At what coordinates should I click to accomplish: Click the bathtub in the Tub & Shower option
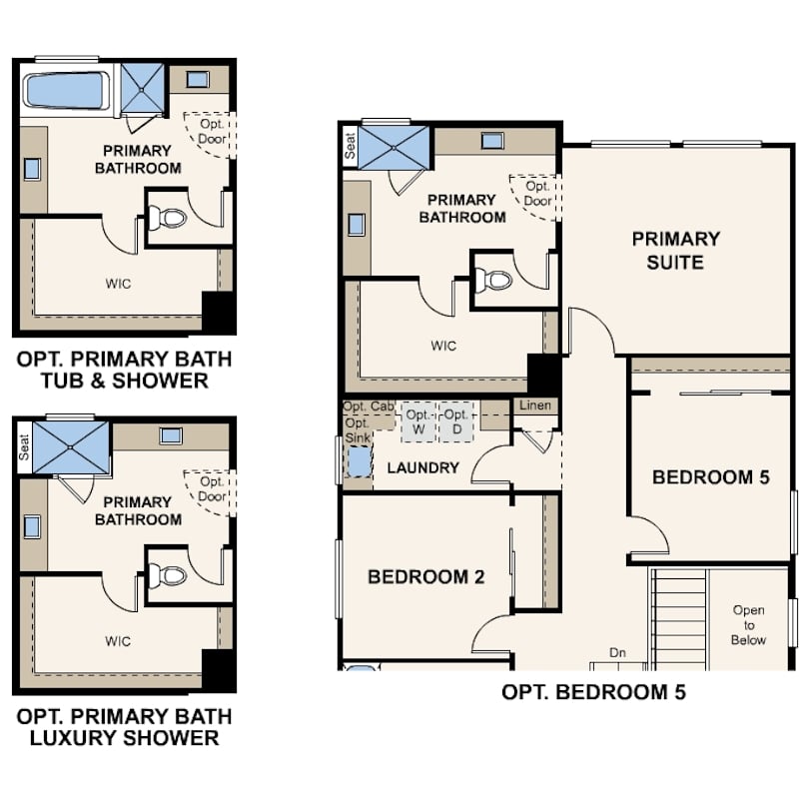66,91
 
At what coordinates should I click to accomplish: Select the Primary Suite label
675,251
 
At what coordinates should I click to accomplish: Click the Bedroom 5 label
710,476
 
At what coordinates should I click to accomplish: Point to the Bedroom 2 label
426,576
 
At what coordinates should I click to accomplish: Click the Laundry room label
423,467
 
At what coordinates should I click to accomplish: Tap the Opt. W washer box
418,422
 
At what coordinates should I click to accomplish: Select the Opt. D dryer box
456,422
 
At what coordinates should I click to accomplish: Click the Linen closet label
535,405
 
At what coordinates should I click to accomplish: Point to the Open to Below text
749,625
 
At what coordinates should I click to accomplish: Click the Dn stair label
617,652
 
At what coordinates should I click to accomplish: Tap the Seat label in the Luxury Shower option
24,447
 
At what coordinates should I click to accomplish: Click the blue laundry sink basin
360,462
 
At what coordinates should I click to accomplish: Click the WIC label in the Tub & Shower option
118,284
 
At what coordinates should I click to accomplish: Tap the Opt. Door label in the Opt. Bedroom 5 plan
538,194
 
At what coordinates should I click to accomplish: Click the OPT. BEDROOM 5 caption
594,692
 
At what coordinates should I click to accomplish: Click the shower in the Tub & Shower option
143,89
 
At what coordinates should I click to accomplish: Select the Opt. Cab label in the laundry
369,406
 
